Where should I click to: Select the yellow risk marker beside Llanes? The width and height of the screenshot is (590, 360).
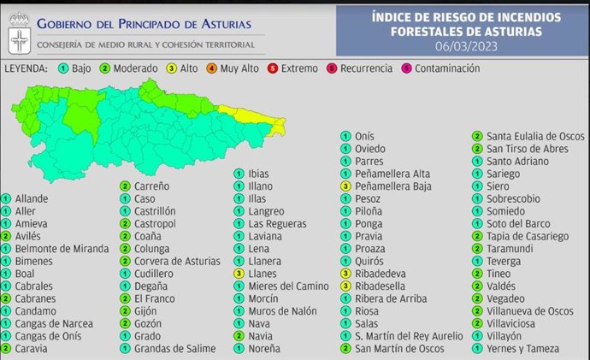tap(240, 273)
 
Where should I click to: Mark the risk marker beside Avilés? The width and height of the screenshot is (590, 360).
tap(7, 235)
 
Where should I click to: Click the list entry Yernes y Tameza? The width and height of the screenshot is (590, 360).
tap(523, 349)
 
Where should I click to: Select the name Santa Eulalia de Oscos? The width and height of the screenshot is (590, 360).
tap(536, 135)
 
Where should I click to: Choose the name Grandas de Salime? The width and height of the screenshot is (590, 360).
tap(174, 349)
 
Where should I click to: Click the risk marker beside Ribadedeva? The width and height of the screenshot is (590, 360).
tap(345, 273)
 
